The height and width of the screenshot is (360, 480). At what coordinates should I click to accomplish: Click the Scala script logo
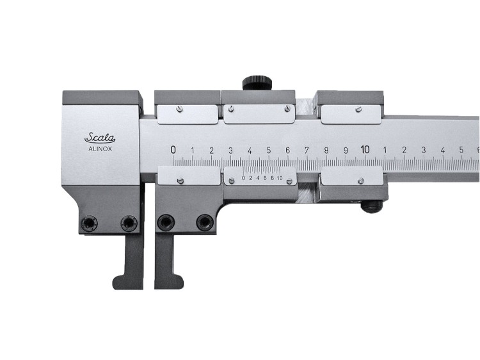(100, 138)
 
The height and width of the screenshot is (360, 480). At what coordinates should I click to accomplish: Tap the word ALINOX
(100, 149)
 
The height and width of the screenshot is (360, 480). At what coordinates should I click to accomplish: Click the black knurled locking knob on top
(257, 83)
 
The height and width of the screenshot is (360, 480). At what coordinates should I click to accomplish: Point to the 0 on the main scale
(173, 150)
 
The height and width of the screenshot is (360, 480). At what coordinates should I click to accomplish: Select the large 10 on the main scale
(365, 149)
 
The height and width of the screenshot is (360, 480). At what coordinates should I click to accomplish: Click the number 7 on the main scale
(307, 150)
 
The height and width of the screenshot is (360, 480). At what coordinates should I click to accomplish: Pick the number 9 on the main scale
(346, 150)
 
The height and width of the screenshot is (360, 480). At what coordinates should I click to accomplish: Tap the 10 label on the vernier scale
(280, 178)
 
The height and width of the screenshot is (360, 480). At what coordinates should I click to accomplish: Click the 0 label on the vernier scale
(243, 178)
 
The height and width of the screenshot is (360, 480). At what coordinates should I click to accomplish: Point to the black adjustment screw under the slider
(371, 206)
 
